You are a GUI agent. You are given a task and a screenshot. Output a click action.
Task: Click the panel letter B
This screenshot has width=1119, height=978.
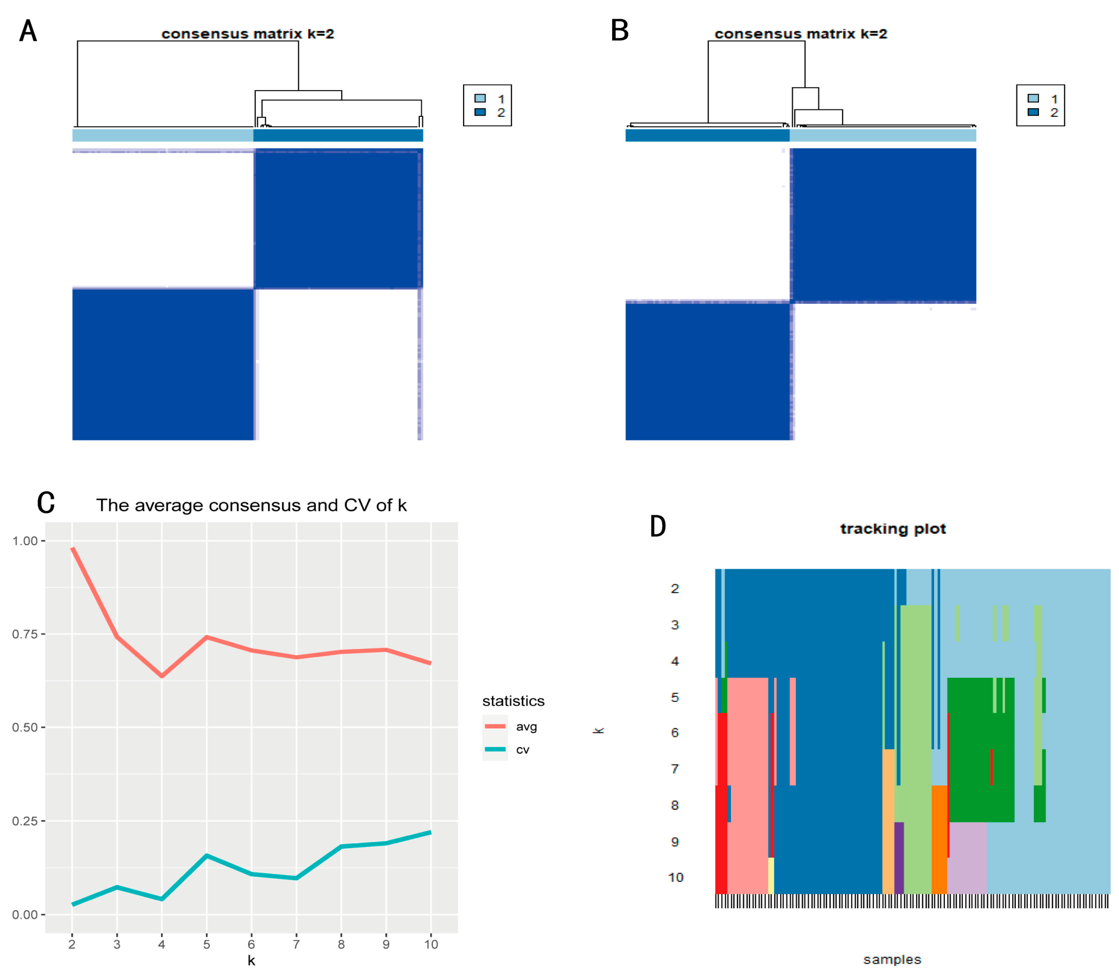click(x=620, y=31)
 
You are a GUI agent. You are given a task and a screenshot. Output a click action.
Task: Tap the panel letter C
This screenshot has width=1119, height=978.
click(x=46, y=502)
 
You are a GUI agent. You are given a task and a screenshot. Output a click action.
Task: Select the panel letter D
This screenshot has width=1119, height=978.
click(x=658, y=526)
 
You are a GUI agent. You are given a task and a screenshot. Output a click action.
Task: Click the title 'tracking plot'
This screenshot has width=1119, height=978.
click(x=892, y=529)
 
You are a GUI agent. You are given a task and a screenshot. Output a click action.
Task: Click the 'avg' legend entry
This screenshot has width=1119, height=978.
click(x=526, y=726)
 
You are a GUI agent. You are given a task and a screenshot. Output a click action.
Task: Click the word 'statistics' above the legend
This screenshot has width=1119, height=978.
click(x=513, y=701)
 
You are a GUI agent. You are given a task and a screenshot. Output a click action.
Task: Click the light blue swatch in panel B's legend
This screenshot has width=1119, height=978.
click(x=1033, y=98)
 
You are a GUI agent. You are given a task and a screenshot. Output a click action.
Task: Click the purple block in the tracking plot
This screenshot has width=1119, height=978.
click(x=899, y=857)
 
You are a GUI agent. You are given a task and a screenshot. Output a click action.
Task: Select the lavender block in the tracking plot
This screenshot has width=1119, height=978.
click(x=966, y=857)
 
